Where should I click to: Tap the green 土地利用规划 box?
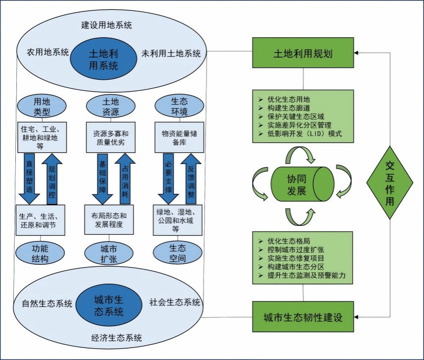tap(303, 54)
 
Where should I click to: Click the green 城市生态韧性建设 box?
tap(303, 317)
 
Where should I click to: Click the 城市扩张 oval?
tap(109, 253)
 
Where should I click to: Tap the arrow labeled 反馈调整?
tap(191, 177)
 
